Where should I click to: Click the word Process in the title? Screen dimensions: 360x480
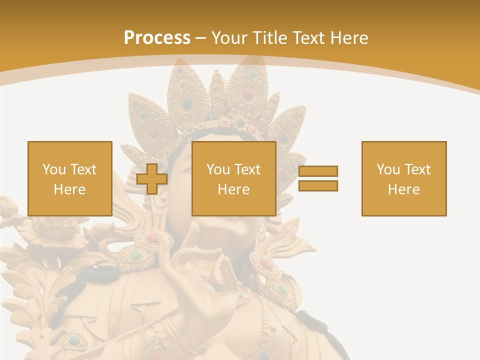157,38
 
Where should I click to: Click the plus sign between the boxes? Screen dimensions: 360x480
152,178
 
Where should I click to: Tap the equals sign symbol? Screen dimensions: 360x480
318,178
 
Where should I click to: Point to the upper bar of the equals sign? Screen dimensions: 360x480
318,171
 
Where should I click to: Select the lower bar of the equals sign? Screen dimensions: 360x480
318,185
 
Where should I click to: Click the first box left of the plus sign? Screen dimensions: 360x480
70,178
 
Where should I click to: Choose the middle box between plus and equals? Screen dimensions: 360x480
234,178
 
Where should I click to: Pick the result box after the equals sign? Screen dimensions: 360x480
404,178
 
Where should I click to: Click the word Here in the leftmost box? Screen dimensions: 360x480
70,189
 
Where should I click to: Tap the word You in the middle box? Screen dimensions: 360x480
218,169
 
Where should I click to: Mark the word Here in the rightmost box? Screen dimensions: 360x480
404,189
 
